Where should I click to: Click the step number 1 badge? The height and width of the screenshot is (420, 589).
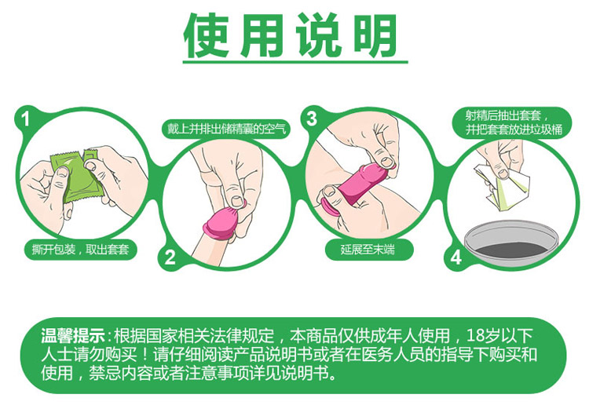pos(26,119)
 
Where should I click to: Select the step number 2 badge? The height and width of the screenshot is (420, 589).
pos(170,257)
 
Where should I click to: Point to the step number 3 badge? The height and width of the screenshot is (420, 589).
pos(312,119)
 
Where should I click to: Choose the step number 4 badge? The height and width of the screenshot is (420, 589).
pos(455,257)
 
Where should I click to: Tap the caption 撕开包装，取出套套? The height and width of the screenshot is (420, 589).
pos(80,249)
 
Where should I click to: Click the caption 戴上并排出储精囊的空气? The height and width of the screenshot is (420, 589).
pos(226,129)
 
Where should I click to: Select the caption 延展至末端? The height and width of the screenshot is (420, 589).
pos(368,249)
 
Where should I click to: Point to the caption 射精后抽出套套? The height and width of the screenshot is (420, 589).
pos(503,115)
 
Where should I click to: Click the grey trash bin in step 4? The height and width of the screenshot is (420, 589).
pos(511,240)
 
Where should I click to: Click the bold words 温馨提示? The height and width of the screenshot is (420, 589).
pos(73,336)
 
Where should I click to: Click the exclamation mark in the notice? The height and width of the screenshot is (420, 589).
pos(145,355)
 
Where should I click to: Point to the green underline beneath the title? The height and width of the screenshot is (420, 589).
pos(295,61)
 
